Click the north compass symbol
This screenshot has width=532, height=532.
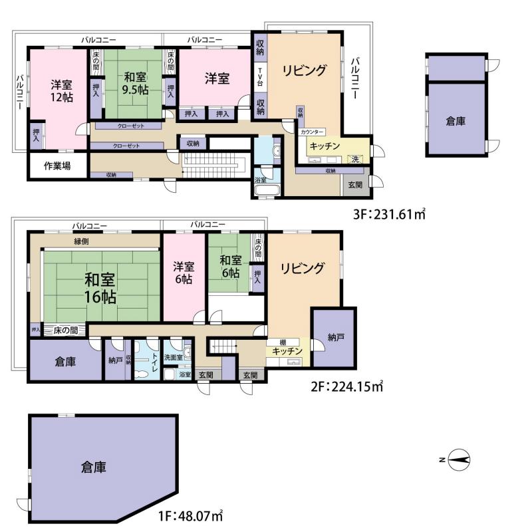pyautogui.click(x=460, y=460)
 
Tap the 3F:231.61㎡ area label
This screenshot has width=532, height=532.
pyautogui.click(x=389, y=214)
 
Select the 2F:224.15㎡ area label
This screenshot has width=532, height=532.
pyautogui.click(x=346, y=386)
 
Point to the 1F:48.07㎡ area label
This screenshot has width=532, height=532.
pyautogui.click(x=191, y=516)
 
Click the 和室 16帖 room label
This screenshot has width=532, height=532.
pyautogui.click(x=100, y=289)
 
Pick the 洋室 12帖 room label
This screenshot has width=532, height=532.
pyautogui.click(x=62, y=91)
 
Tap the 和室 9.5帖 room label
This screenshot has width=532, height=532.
pyautogui.click(x=136, y=84)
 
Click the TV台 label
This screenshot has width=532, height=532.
pyautogui.click(x=260, y=76)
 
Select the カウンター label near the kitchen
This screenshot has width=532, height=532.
pyautogui.click(x=312, y=132)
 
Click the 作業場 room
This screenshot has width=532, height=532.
pyautogui.click(x=57, y=166)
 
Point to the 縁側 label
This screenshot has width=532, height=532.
pyautogui.click(x=81, y=241)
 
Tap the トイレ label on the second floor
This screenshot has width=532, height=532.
pyautogui.click(x=154, y=361)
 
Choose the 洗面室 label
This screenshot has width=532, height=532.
pyautogui.click(x=174, y=357)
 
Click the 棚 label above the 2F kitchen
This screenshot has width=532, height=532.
pyautogui.click(x=283, y=342)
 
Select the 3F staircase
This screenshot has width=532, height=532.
pyautogui.click(x=213, y=164)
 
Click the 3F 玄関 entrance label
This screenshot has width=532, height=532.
pyautogui.click(x=355, y=185)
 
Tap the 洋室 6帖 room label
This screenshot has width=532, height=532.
pyautogui.click(x=184, y=273)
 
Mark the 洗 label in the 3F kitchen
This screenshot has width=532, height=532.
pyautogui.click(x=355, y=159)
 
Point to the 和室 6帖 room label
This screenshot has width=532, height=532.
pyautogui.click(x=230, y=267)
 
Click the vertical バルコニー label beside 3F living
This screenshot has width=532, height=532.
pyautogui.click(x=355, y=78)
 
